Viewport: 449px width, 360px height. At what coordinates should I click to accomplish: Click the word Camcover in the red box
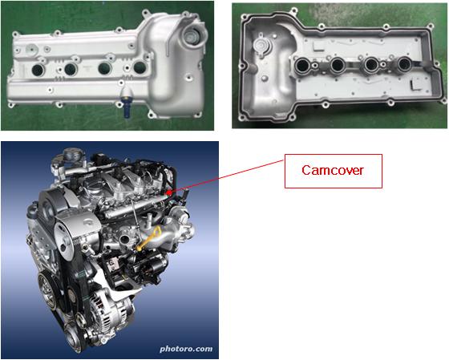[333, 171]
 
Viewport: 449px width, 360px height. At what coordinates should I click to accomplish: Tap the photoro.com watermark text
[186, 349]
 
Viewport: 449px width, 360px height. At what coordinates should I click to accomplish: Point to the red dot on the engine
[169, 192]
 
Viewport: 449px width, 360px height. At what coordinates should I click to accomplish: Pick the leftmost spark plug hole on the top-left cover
[38, 71]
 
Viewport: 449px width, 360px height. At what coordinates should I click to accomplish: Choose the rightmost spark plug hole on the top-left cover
[140, 67]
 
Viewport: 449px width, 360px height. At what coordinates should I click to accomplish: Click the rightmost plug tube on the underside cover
[404, 63]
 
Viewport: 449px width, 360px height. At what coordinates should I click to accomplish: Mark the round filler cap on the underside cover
[261, 46]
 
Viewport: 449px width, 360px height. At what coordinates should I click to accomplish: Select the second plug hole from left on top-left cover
[71, 69]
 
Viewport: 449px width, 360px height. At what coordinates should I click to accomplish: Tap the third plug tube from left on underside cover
[371, 64]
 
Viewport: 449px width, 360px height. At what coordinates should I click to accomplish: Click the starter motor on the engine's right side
[151, 268]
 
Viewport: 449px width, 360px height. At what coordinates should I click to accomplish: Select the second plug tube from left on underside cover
[338, 64]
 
